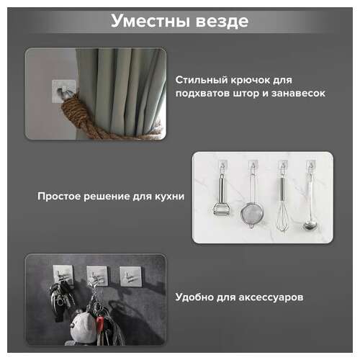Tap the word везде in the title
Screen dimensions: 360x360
pyautogui.click(x=220, y=21)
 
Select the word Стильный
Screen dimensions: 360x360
pyautogui.click(x=200, y=79)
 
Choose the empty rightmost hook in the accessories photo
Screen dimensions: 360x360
pyautogui.click(x=130, y=276)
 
